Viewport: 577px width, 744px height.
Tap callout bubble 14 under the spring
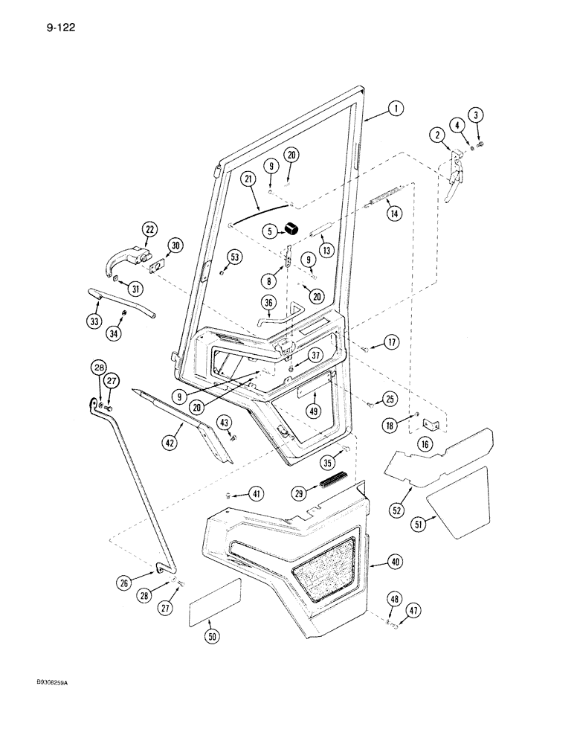point(393,212)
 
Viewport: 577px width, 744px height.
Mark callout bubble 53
point(234,257)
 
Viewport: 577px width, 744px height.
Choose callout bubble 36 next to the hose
point(268,302)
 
